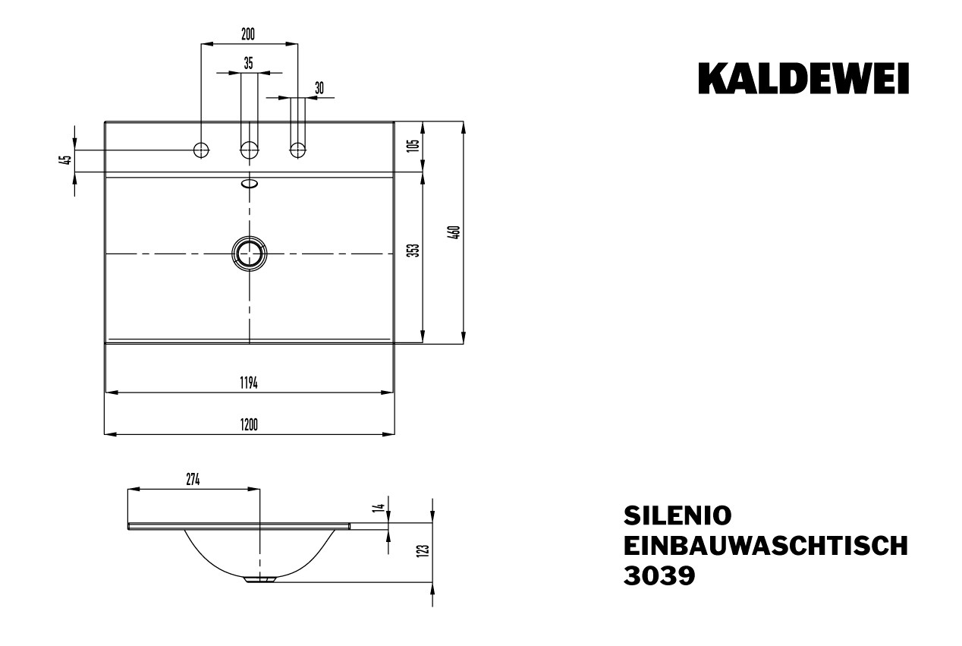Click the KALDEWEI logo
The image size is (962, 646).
[803, 79]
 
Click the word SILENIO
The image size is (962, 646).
[677, 515]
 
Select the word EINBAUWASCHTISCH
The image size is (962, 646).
[766, 546]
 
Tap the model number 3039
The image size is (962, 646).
[659, 575]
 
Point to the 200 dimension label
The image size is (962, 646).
[248, 34]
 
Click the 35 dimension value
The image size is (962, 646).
[249, 64]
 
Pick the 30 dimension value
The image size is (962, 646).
[319, 88]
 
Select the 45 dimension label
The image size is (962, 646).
[67, 160]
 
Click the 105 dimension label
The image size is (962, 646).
[413, 146]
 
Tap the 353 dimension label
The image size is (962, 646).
[413, 251]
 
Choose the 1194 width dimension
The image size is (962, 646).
[249, 383]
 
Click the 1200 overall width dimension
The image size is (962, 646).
[249, 424]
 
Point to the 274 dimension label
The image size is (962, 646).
[193, 480]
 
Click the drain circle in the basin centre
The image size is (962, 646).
[249, 254]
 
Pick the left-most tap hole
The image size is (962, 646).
[201, 150]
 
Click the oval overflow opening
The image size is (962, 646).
[249, 184]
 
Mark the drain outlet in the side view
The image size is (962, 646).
[260, 580]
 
